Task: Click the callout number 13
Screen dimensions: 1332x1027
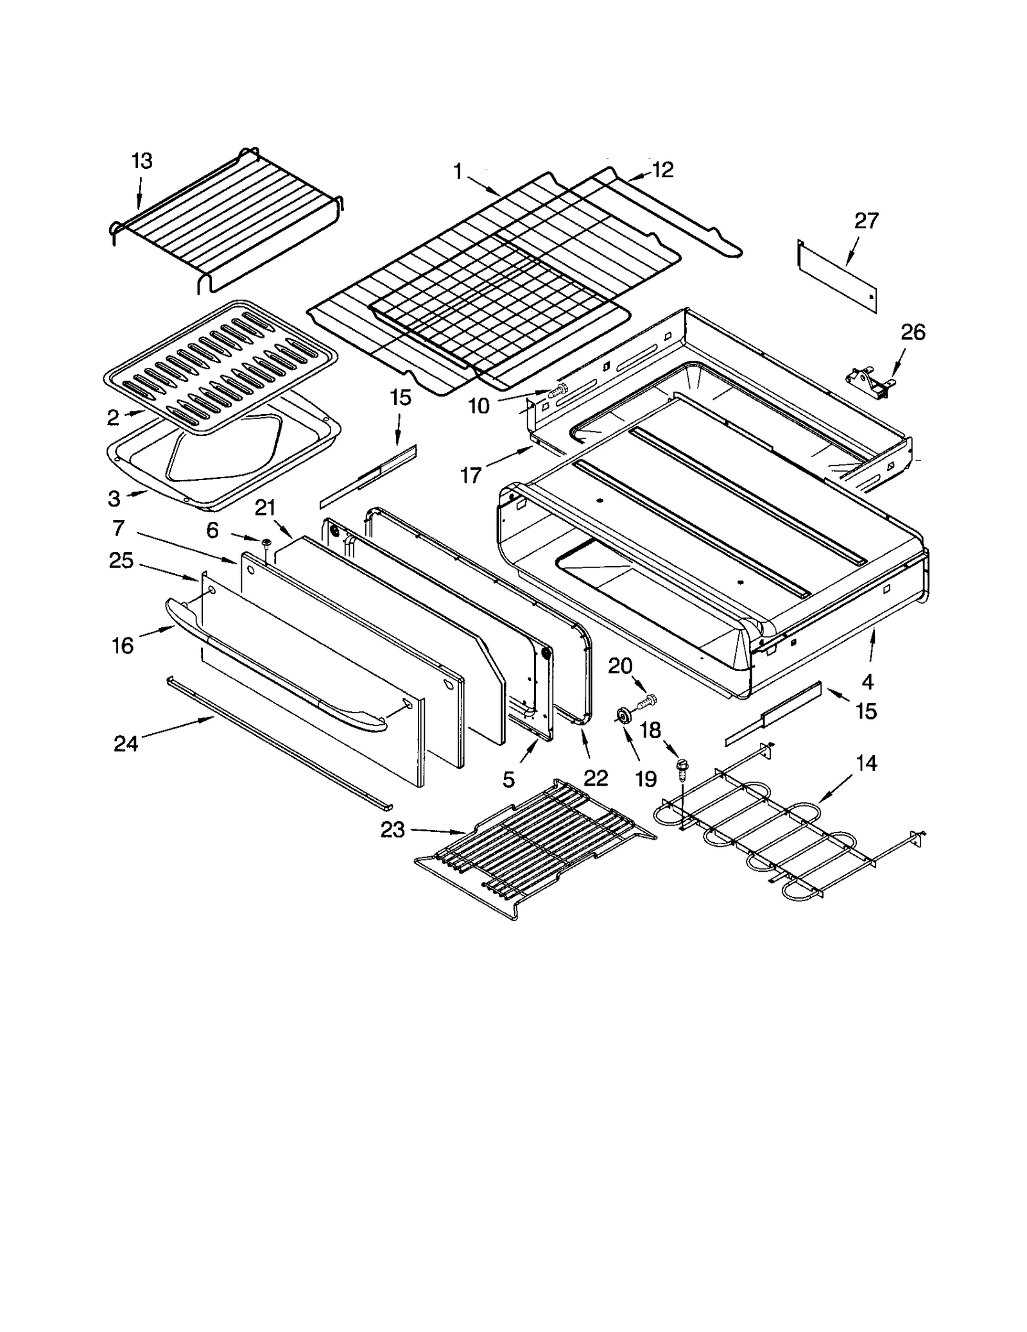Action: (142, 160)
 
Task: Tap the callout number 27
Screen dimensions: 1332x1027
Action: (866, 221)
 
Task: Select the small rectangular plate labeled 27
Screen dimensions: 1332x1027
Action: (837, 276)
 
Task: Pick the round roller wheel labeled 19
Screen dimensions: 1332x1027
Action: (623, 716)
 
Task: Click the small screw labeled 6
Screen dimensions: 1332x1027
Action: (266, 545)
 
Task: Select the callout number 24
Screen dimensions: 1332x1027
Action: (126, 743)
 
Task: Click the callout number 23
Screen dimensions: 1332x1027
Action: (393, 830)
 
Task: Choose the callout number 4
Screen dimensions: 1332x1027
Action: (867, 680)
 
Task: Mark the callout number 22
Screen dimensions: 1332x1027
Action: (596, 778)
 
